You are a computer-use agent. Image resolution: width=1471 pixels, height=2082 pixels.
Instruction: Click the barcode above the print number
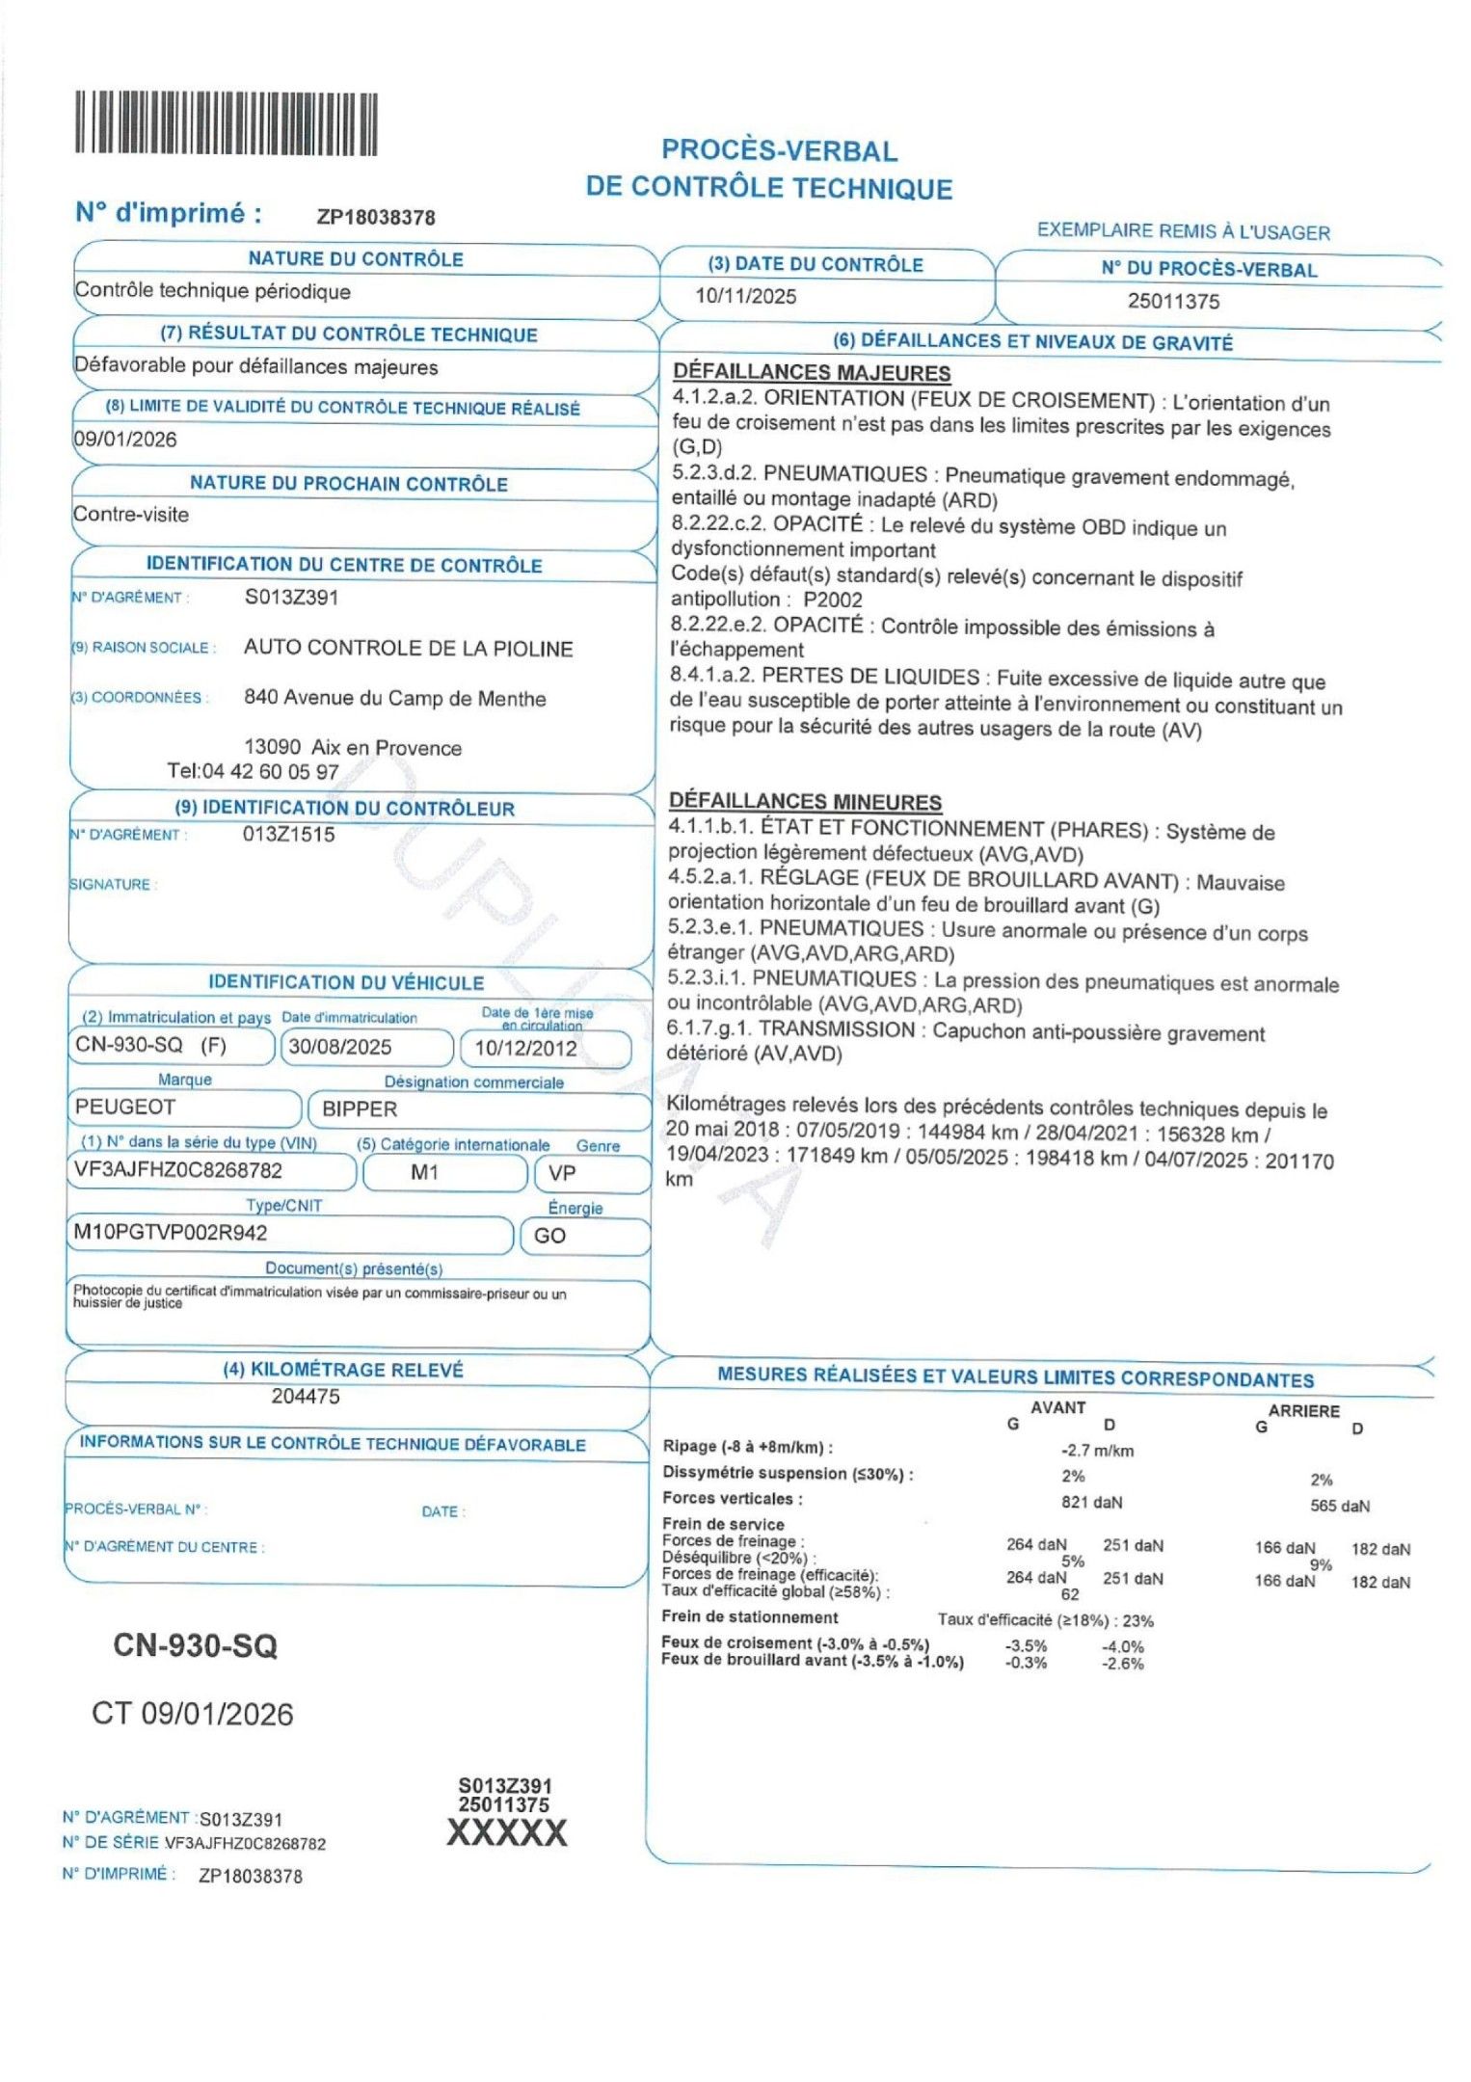[x=227, y=123]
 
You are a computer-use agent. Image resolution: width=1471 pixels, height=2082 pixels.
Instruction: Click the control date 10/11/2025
[x=745, y=296]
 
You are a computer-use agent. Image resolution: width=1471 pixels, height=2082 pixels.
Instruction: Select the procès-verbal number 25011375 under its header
[x=1173, y=301]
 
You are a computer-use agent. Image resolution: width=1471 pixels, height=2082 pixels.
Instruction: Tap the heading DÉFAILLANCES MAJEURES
[x=812, y=372]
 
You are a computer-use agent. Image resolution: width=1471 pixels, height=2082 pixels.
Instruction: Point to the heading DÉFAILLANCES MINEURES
[x=805, y=801]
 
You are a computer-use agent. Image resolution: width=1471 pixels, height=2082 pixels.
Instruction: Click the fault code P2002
[x=833, y=600]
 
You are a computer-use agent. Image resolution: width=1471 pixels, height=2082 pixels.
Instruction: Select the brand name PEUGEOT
[x=125, y=1107]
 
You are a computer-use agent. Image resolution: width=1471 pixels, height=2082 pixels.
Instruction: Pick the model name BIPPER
[x=360, y=1108]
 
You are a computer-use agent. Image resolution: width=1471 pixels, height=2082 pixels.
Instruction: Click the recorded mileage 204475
[x=306, y=1396]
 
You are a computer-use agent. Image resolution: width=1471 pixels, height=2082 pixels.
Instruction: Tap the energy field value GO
[x=549, y=1236]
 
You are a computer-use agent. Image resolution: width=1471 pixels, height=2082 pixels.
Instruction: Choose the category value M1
[x=424, y=1172]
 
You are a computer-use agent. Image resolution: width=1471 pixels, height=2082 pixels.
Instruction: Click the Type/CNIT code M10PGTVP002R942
[x=171, y=1233]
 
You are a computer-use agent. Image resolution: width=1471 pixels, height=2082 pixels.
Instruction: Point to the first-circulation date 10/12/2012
[x=525, y=1049]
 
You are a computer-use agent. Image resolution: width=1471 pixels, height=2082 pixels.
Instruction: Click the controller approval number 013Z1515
[x=289, y=835]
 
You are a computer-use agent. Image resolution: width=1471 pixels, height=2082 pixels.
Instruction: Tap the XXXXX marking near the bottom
[x=507, y=1832]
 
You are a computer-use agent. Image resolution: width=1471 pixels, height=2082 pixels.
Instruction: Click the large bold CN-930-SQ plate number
[x=195, y=1645]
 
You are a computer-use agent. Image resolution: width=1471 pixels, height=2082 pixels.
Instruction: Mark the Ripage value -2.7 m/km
[x=1097, y=1451]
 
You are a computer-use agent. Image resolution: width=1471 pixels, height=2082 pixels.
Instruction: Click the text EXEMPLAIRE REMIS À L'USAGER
[x=1183, y=231]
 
